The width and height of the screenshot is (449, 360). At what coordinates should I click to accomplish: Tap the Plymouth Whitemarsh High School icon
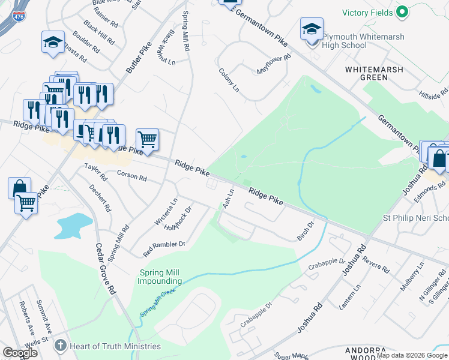pyautogui.click(x=312, y=31)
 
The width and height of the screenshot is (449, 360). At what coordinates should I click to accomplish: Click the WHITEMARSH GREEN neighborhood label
pyautogui.click(x=373, y=73)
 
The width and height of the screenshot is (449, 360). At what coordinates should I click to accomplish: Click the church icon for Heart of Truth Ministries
pyautogui.click(x=59, y=346)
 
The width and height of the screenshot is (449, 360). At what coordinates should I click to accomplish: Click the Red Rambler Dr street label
pyautogui.click(x=164, y=244)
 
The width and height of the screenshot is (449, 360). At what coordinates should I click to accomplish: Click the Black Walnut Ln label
pyautogui.click(x=164, y=47)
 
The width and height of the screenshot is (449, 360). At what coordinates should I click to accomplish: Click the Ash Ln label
pyautogui.click(x=228, y=198)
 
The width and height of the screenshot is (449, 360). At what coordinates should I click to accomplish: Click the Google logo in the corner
pyautogui.click(x=20, y=353)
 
